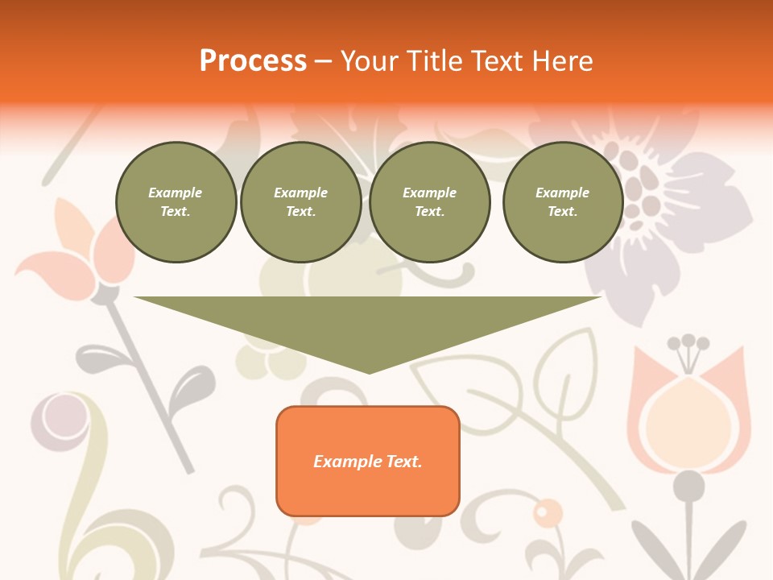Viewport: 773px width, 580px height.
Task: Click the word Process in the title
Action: pos(253,60)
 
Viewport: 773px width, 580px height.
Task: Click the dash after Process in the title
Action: pos(324,61)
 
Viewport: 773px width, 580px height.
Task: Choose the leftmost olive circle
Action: pos(176,202)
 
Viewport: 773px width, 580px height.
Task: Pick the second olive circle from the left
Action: pos(300,202)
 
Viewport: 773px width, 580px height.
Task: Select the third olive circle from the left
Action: pos(429,202)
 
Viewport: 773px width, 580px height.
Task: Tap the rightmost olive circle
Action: pos(562,202)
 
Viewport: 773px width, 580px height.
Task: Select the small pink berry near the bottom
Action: pos(548,512)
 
